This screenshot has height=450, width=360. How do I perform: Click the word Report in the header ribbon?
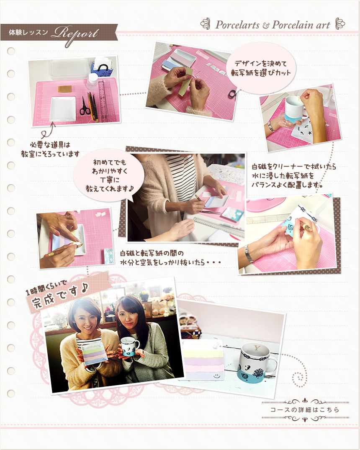coord(75,32)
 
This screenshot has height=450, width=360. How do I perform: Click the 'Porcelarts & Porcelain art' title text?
coord(272,25)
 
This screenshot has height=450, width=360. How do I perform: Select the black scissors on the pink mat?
coord(85,105)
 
